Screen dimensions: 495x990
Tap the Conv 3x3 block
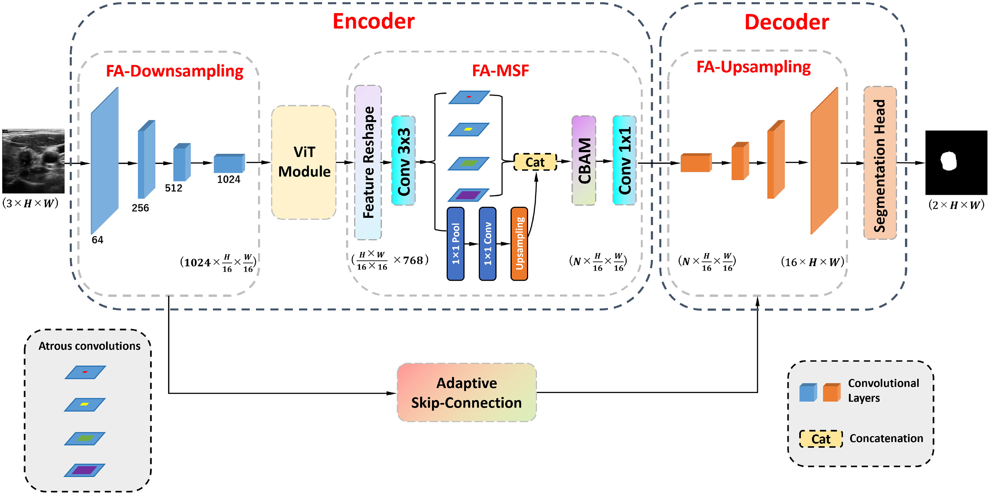coord(403,161)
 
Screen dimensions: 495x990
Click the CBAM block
coord(583,161)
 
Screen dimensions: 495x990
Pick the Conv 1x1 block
coord(624,161)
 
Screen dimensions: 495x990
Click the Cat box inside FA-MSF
coord(535,162)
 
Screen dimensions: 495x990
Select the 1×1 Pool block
coord(455,244)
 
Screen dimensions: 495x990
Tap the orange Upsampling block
coord(519,244)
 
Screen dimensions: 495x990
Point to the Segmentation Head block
coord(880,163)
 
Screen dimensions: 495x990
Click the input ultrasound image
coord(33,161)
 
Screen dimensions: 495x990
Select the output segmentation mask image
coord(956,162)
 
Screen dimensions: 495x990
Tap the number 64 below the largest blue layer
coord(97,240)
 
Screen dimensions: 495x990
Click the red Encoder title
coord(373,21)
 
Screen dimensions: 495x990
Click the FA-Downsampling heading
coord(174,71)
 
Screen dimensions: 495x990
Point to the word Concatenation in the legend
coord(886,438)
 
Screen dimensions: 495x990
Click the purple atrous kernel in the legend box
coord(84,470)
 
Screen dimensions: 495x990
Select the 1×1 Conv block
coord(487,244)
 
